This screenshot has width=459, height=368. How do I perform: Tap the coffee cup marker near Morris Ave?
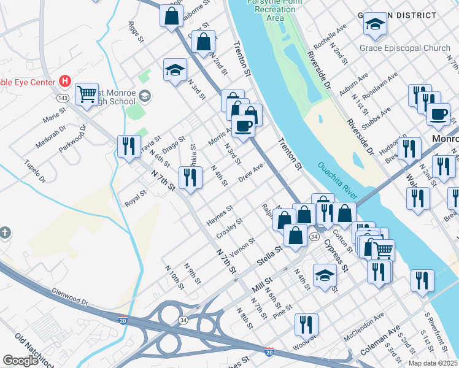point(243,126)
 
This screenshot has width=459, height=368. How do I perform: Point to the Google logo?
point(20,361)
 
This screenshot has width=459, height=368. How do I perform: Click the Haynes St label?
point(220,215)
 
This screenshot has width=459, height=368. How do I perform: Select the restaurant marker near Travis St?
point(128,145)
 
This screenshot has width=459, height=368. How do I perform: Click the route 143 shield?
point(62,98)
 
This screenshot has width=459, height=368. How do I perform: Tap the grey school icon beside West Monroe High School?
point(145,95)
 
